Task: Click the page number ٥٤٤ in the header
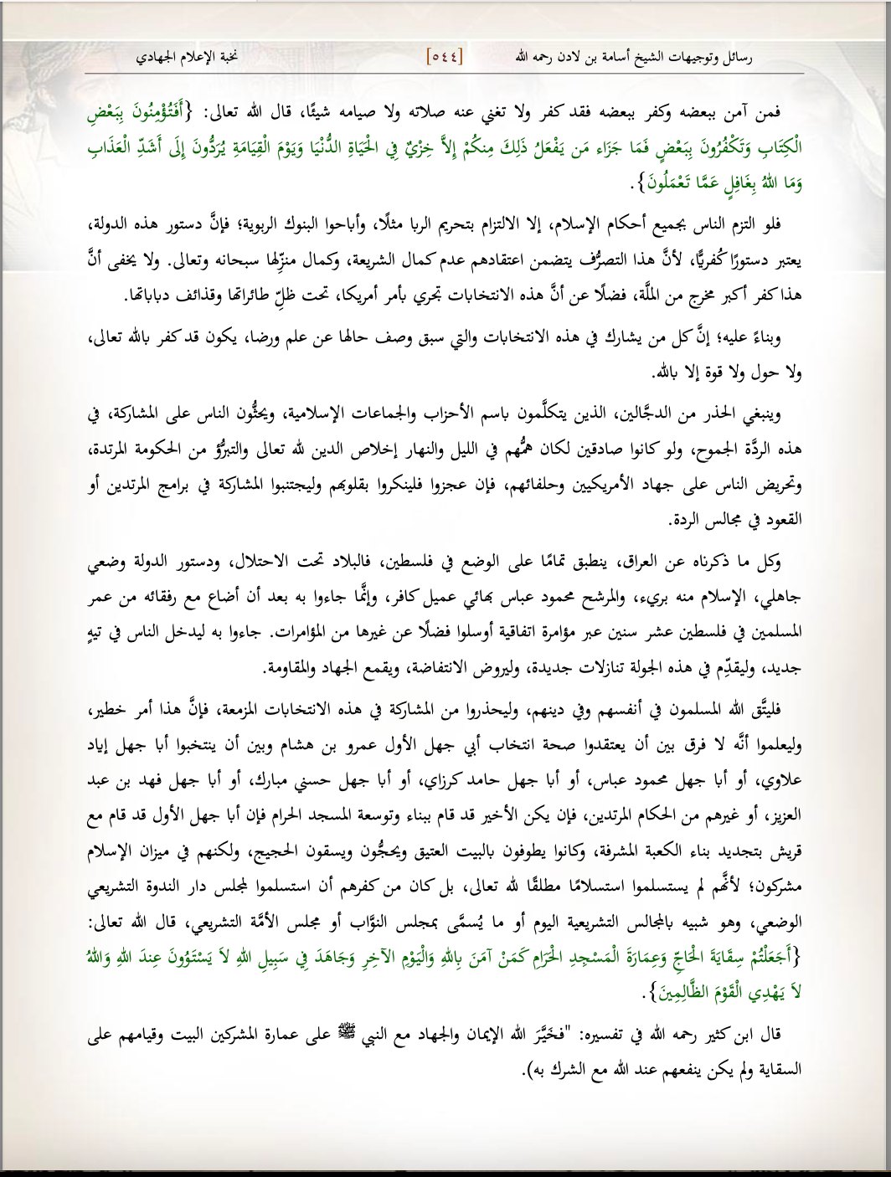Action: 445,57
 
